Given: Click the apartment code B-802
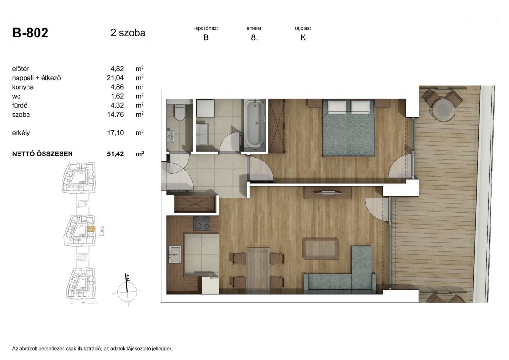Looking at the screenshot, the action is (30, 33).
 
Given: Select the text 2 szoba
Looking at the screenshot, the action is (128, 33).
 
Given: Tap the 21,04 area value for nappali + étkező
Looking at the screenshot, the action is (115, 78).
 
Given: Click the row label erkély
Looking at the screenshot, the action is (21, 133).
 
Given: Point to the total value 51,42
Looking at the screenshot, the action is (115, 154).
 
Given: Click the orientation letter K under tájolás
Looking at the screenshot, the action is (303, 37).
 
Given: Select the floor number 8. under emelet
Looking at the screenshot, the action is (254, 37).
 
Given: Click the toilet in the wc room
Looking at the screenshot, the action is (179, 112).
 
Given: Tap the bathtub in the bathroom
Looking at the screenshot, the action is (254, 124).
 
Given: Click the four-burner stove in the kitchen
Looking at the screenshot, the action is (202, 223).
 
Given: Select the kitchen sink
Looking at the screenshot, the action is (175, 255).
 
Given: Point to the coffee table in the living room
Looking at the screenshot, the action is (321, 249).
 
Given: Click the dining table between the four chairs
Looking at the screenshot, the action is (258, 270).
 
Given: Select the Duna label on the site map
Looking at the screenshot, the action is (102, 231).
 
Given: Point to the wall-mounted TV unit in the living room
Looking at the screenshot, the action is (328, 192).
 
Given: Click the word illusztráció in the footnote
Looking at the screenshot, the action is (88, 349).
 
